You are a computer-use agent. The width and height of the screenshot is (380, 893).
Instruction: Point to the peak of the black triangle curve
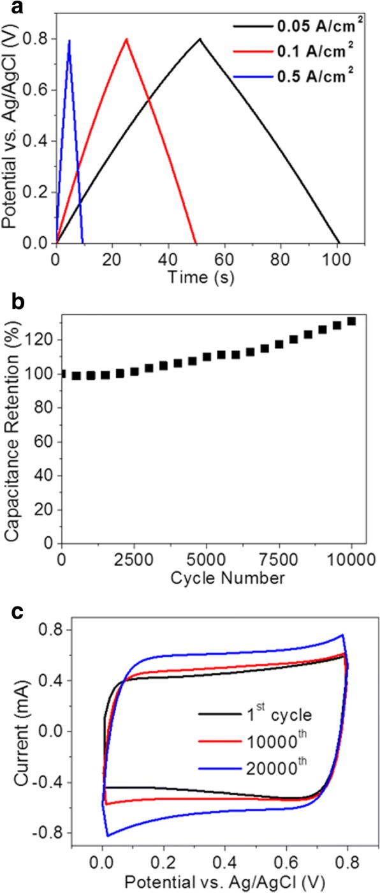[x=200, y=39]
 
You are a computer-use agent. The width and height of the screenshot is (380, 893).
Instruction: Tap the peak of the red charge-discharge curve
[x=127, y=39]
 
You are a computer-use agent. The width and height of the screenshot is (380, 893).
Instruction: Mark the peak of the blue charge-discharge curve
[x=69, y=40]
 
